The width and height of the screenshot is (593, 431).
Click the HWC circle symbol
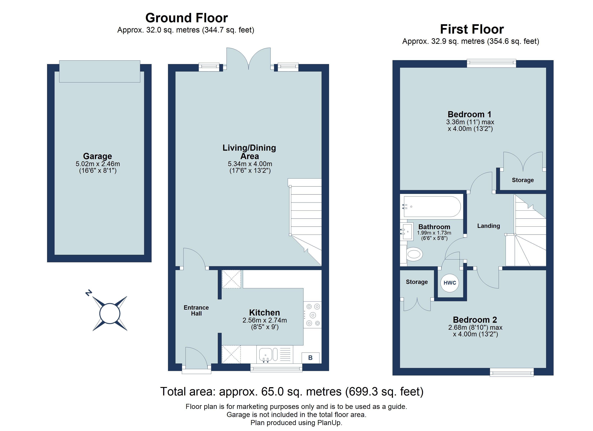tap(450, 283)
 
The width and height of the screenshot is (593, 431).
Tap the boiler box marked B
tap(310, 358)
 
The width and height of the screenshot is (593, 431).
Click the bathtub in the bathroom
tap(432, 207)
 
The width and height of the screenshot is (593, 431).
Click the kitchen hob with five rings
tap(313, 315)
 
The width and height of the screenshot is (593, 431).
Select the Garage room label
tap(98, 156)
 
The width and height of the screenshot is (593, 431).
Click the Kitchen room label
tap(264, 313)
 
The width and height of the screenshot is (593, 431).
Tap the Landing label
tap(488, 226)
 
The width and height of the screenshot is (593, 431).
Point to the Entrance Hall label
tap(196, 310)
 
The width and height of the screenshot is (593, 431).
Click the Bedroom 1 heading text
tap(469, 114)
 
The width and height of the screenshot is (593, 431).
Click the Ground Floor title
tap(186, 18)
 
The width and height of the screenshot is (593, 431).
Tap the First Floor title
tap(472, 29)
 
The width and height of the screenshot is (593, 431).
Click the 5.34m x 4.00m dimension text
tap(250, 164)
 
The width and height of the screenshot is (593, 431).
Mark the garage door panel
tap(100, 71)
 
